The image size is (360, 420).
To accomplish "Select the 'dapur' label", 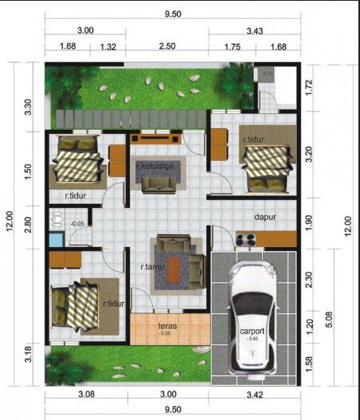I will tap(264, 216).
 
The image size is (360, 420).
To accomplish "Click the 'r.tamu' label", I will tap(152, 267).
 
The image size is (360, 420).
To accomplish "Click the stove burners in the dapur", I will tap(245, 237).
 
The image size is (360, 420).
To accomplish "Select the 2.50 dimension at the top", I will tap(166, 47).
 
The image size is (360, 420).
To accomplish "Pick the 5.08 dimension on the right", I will tap(333, 324).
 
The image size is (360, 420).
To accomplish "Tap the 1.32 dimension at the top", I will tap(109, 47).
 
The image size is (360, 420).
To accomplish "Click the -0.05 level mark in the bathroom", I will tap(77, 224).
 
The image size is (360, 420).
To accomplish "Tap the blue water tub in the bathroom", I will tap(56, 239).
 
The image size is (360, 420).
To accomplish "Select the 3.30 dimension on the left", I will tap(29, 107).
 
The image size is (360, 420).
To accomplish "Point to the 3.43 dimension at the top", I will tap(255, 30).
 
